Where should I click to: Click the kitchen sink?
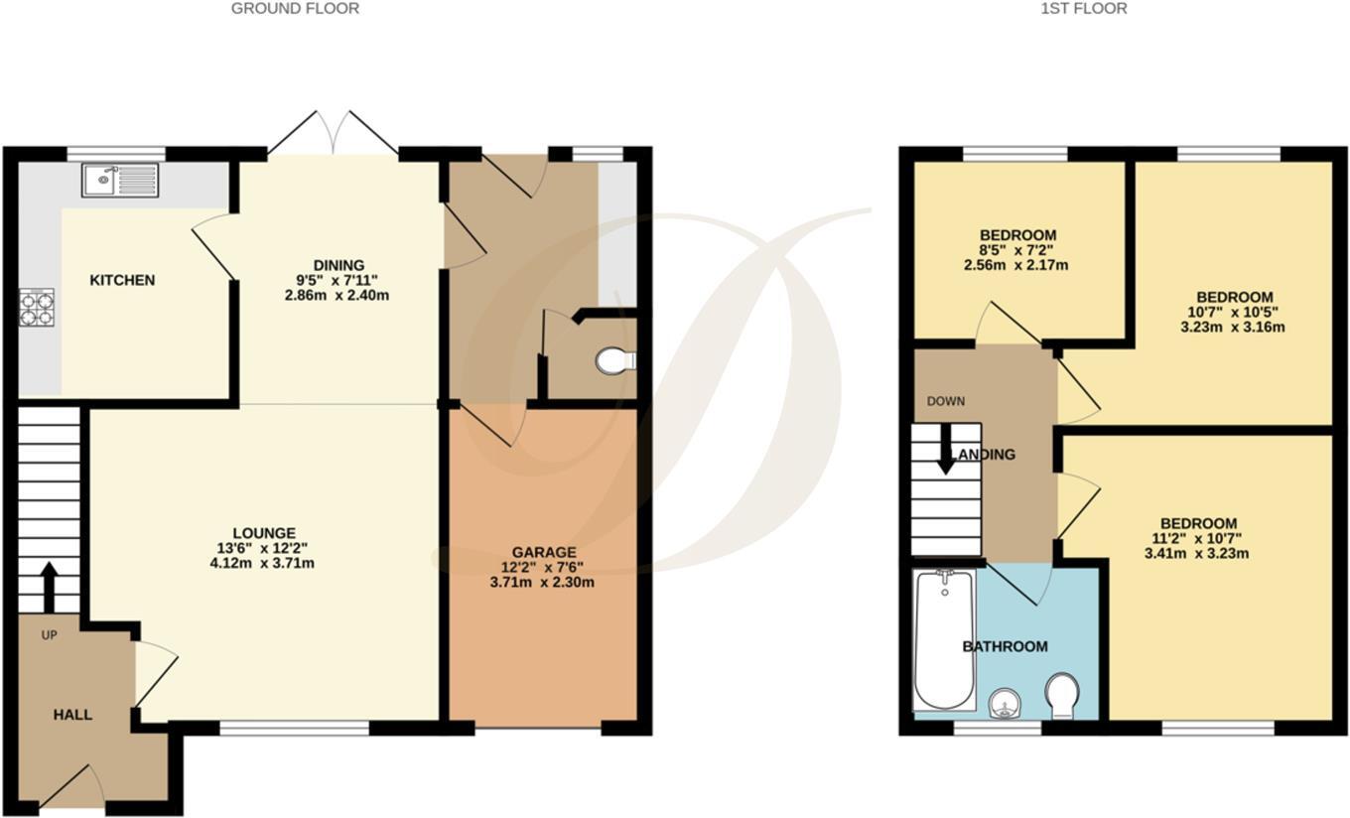click(x=120, y=180)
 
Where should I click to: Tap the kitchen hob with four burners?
click(x=37, y=307)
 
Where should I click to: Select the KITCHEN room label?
click(x=122, y=280)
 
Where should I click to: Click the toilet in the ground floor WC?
click(x=614, y=360)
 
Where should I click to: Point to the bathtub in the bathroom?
click(x=944, y=639)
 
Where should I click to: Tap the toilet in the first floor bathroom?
click(x=1063, y=696)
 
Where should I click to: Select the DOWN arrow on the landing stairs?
click(x=946, y=447)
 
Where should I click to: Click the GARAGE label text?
click(x=544, y=552)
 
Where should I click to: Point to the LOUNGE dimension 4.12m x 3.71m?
click(x=264, y=564)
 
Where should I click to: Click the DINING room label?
click(x=338, y=265)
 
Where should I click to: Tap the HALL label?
click(x=72, y=715)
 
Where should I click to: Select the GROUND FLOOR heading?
click(x=295, y=9)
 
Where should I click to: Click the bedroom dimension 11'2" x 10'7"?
click(x=1199, y=539)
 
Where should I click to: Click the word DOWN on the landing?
click(x=945, y=402)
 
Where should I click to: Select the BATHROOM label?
click(x=1005, y=646)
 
